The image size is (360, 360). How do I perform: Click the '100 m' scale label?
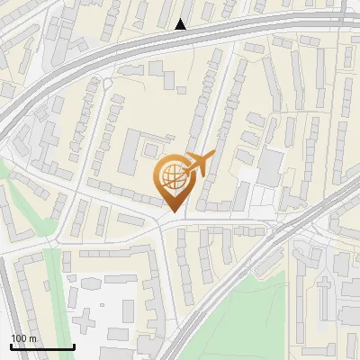pyautogui.click(x=23, y=338)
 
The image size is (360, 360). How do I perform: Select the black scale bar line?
pyautogui.click(x=42, y=346)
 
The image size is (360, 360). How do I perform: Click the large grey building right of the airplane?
pyautogui.click(x=269, y=166)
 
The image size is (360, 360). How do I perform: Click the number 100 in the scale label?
pyautogui.click(x=19, y=338)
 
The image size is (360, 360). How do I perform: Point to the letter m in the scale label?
pyautogui.click(x=32, y=338)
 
